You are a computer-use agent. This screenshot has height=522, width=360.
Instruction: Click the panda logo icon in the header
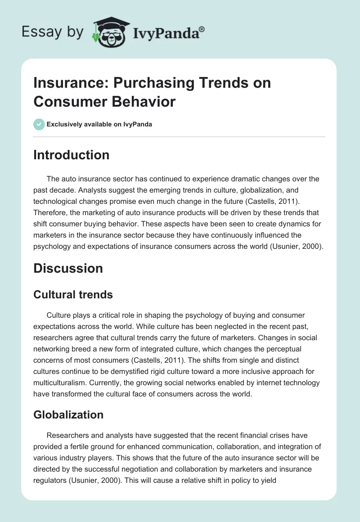111,31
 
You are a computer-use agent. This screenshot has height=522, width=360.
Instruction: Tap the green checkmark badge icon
39,124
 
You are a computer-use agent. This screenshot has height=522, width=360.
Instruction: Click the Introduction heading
72,155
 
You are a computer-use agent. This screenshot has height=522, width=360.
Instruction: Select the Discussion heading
68,268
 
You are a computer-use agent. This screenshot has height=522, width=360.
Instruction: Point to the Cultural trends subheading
73,295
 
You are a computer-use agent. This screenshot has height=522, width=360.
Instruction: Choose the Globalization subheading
68,414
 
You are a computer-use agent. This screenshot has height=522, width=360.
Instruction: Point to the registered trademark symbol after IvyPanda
202,29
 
